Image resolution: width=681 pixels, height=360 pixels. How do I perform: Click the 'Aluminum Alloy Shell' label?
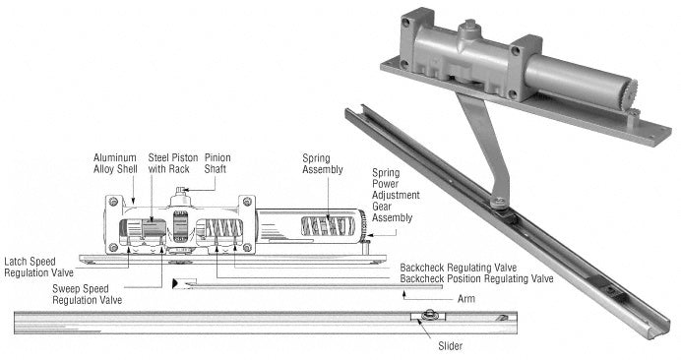tap(115, 163)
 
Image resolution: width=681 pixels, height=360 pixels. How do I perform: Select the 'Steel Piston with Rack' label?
tap(173, 163)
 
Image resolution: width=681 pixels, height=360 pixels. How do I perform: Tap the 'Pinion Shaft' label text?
tap(217, 163)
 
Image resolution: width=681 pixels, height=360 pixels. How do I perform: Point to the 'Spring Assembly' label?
tap(323, 163)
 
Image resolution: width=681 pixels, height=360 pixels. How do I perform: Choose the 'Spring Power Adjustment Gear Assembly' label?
tap(396, 195)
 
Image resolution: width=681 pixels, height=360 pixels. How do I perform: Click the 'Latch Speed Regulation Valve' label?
tap(38, 268)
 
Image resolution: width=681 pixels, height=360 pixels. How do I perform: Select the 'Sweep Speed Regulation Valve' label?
tap(87, 294)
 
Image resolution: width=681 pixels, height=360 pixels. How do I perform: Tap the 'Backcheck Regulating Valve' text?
tap(459, 268)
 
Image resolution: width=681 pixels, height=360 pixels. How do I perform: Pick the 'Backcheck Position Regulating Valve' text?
tap(476, 278)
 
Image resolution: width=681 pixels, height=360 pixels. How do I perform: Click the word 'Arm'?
tap(466, 299)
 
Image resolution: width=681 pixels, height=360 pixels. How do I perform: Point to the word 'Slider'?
tap(450, 346)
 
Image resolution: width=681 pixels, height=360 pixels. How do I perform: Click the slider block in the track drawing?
tap(428, 316)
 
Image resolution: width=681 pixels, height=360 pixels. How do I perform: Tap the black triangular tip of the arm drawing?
tap(175, 283)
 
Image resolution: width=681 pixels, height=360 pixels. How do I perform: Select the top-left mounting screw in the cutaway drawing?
tap(114, 202)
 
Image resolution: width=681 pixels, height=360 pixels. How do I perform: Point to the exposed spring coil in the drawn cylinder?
tap(328, 226)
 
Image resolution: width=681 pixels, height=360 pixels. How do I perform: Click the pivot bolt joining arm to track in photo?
tap(500, 202)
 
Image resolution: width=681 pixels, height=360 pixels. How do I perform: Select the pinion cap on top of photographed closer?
tap(470, 26)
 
